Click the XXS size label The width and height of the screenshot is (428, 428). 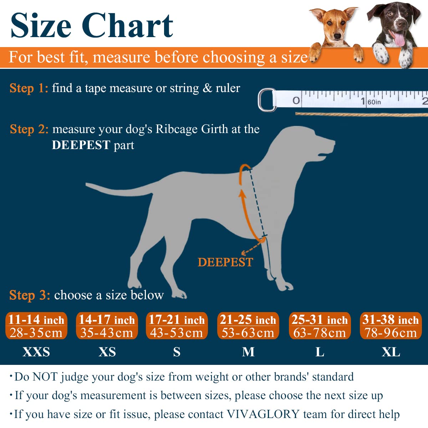click(36, 352)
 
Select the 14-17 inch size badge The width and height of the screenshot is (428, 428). click(107, 326)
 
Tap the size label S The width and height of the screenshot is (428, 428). click(177, 352)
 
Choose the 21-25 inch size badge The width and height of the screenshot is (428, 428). click(248, 326)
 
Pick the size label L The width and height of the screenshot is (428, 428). click(320, 352)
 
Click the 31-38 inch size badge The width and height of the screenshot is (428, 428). click(391, 326)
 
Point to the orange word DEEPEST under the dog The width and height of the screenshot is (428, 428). click(225, 262)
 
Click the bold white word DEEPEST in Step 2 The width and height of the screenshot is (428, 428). click(81, 145)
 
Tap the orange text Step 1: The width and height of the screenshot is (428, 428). click(29, 88)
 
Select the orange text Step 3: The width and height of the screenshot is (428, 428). click(30, 295)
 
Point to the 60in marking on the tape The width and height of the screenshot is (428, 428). click(374, 102)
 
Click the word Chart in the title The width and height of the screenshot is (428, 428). click(127, 26)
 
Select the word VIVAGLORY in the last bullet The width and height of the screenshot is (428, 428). click(263, 414)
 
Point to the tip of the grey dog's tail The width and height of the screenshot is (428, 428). click(87, 184)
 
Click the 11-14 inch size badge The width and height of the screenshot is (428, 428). click(36, 326)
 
